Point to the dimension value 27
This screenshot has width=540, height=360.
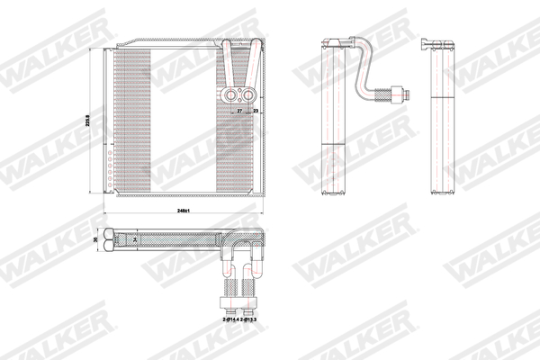tap(239, 111)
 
